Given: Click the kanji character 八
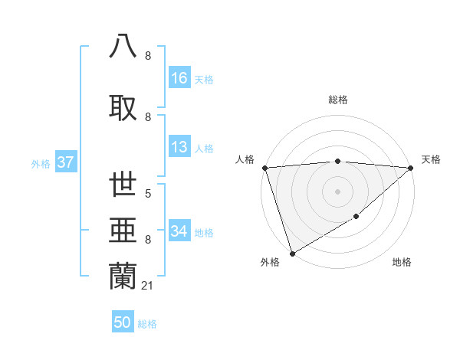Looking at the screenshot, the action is (123, 46).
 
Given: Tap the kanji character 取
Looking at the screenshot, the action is (123, 106).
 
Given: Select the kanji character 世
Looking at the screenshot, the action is (123, 185).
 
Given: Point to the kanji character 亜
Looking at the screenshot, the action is (123, 231).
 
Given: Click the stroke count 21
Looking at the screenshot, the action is (148, 286).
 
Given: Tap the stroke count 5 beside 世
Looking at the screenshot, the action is (147, 194).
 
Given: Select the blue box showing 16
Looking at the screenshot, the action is (179, 78).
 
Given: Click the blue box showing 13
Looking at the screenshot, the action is (179, 148).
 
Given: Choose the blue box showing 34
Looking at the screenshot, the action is (179, 231).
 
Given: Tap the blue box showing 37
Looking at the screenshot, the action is (65, 162).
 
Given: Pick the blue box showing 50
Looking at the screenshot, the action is (123, 323).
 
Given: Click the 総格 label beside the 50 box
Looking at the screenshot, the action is (147, 324).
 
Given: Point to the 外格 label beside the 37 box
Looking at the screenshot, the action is (41, 163).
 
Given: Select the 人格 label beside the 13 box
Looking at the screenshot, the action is (204, 149).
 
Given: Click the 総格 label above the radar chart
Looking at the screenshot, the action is (337, 100).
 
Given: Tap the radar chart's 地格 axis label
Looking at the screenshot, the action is (402, 263).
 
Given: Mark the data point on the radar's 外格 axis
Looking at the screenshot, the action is (291, 253).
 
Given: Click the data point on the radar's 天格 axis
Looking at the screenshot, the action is (411, 168).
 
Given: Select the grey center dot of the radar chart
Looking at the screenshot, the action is (337, 191).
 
